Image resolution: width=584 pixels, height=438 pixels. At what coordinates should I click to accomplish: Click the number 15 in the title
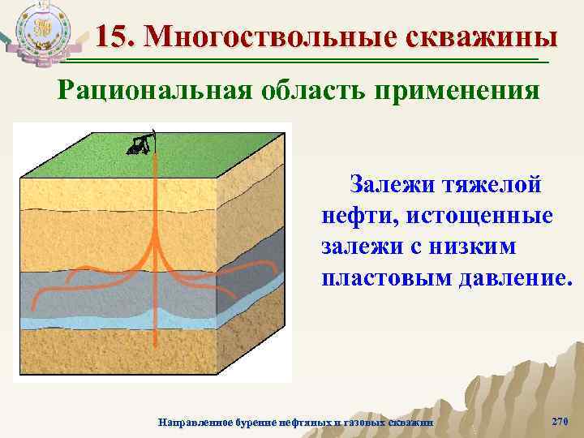pos(112,36)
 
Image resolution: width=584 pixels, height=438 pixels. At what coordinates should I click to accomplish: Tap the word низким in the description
pos(489,247)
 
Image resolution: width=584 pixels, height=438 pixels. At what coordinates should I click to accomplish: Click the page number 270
pos(560,421)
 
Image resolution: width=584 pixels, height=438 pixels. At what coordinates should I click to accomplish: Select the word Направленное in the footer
pos(192,423)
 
